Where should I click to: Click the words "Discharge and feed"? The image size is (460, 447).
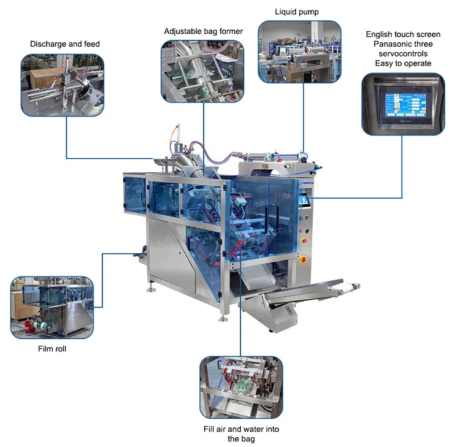(65, 44)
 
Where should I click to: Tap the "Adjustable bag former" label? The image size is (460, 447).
(204, 31)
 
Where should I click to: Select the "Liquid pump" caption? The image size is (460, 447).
(297, 12)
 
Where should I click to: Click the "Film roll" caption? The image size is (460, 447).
(52, 349)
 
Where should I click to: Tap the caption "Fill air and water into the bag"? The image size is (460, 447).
(241, 434)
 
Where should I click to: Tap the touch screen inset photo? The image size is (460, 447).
(402, 104)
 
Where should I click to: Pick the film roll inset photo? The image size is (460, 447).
(52, 308)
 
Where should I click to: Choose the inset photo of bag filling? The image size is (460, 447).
(241, 387)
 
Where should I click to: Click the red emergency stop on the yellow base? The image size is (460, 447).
(302, 259)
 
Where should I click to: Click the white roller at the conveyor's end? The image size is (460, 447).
(348, 285)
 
